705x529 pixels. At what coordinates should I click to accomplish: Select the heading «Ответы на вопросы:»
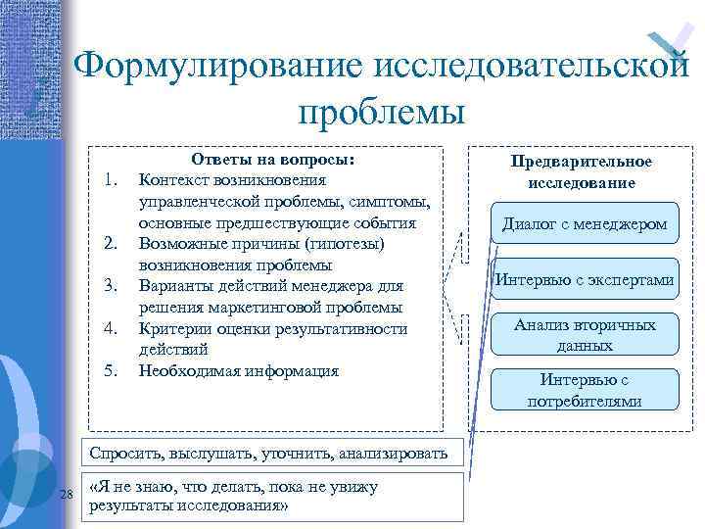tap(272, 159)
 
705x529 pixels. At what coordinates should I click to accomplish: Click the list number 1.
tap(111, 179)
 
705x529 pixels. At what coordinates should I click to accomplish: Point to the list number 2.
tap(111, 243)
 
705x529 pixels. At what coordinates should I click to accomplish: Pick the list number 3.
tap(111, 285)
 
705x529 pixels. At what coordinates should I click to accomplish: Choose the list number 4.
tap(111, 328)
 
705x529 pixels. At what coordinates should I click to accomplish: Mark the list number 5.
tap(111, 371)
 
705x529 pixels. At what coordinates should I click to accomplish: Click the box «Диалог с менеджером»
tap(585, 224)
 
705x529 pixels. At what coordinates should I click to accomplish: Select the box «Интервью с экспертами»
tap(585, 280)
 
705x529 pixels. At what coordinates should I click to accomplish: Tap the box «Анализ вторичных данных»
tap(585, 335)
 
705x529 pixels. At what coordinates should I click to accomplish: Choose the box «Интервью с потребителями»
tap(585, 390)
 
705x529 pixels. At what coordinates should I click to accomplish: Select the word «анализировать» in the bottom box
tap(397, 454)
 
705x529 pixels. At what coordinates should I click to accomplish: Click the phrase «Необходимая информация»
tap(239, 371)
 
